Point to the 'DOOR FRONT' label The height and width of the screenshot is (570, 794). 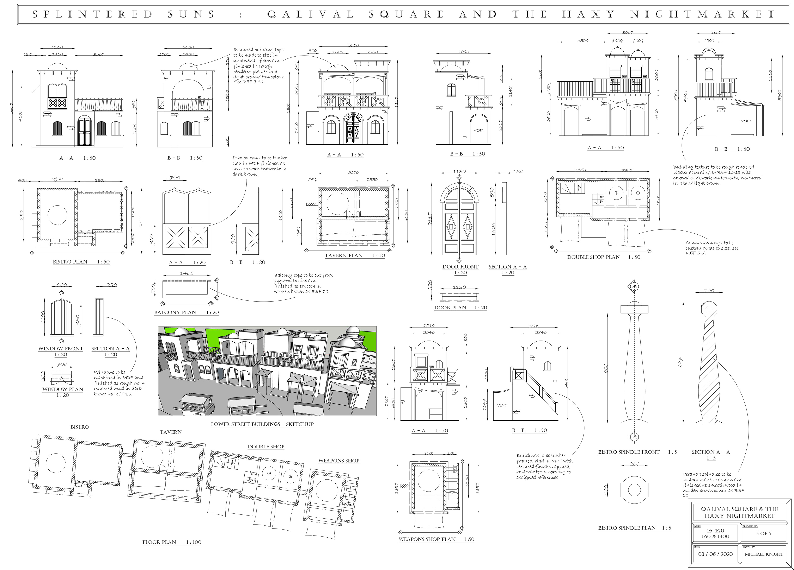460,267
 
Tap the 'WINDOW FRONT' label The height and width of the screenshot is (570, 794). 61,349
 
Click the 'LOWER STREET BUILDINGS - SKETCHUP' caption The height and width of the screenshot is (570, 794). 262,424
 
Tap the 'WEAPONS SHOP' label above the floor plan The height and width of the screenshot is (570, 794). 338,461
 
